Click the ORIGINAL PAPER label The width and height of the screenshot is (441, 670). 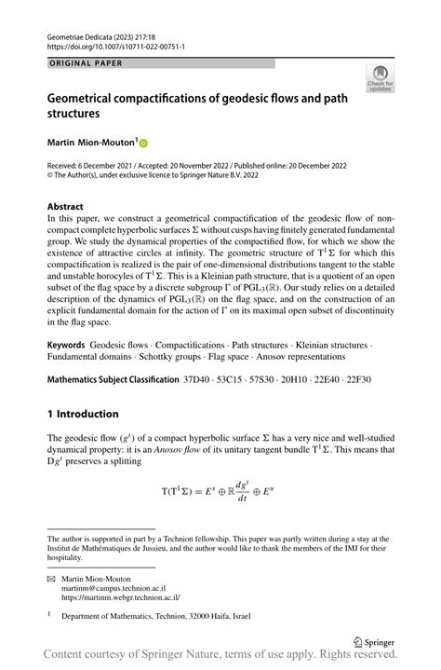pos(81,63)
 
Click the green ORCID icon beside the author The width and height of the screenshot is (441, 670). pos(144,144)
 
